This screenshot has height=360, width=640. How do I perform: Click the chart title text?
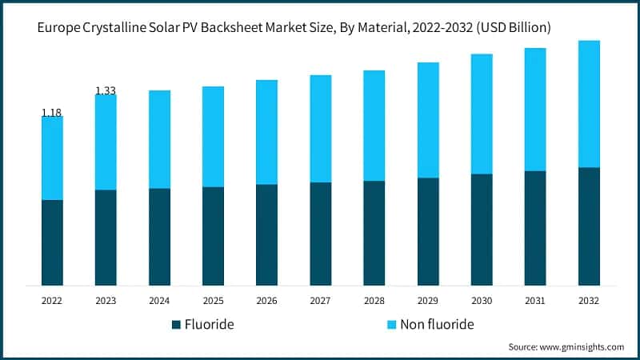294,28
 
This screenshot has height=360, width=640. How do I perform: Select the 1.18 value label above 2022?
52,113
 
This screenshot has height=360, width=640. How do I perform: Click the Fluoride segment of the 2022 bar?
52,242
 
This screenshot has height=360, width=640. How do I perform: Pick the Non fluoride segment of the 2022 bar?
52,158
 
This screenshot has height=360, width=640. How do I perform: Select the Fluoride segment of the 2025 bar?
213,236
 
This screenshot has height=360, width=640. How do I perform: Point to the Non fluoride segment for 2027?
320,129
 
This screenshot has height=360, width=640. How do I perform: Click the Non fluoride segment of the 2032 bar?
589,104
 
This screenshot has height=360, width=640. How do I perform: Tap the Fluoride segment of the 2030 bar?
482,230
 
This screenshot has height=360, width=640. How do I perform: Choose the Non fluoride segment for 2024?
159,139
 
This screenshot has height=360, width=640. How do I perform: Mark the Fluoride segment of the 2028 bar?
374,233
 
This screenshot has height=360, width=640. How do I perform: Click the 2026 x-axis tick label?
266,301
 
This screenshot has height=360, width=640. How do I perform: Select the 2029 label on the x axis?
428,301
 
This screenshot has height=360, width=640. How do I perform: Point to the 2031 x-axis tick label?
535,301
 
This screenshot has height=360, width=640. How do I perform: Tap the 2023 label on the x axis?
106,301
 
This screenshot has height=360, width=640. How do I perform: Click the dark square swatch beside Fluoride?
176,325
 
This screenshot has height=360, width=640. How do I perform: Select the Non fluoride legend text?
437,324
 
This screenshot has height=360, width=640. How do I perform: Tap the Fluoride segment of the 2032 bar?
589,226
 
